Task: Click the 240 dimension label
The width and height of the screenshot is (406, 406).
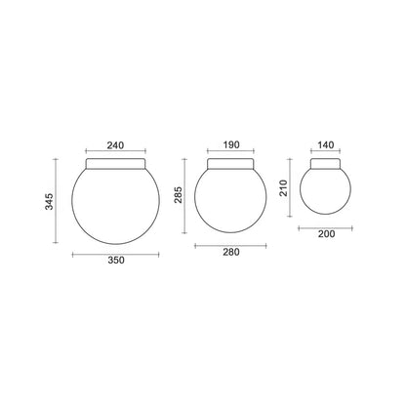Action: (115, 145)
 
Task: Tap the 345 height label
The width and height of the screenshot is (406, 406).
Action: (49, 202)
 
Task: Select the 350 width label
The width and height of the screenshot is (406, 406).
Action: (116, 261)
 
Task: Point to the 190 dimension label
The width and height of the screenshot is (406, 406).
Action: (231, 144)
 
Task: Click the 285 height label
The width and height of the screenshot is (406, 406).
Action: (179, 195)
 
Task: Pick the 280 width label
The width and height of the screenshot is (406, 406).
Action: (231, 252)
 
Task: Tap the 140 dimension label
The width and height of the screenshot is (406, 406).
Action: (326, 145)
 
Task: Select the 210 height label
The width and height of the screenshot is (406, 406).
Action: (284, 188)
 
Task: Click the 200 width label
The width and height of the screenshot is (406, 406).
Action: (326, 234)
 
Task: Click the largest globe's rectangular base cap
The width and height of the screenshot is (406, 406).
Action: (115, 164)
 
